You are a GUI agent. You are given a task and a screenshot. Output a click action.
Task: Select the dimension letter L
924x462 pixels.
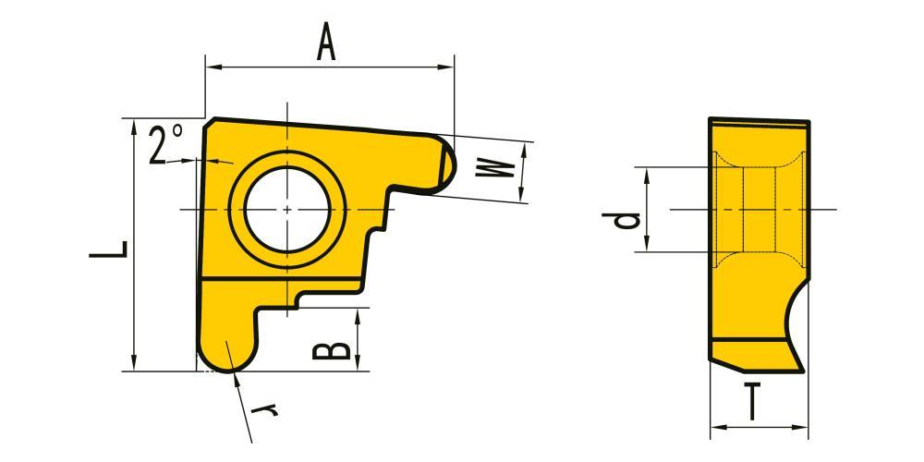[x=108, y=249]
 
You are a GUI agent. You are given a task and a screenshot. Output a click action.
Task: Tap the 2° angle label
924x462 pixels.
[x=165, y=144]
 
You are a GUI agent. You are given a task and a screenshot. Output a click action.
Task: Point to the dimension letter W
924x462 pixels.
[x=495, y=167]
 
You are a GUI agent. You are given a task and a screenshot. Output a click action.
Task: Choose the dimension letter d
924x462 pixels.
[x=621, y=221]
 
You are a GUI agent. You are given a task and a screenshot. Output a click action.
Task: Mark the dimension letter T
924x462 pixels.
[x=751, y=401]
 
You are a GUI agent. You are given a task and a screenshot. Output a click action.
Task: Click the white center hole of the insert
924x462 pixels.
[x=287, y=209]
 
